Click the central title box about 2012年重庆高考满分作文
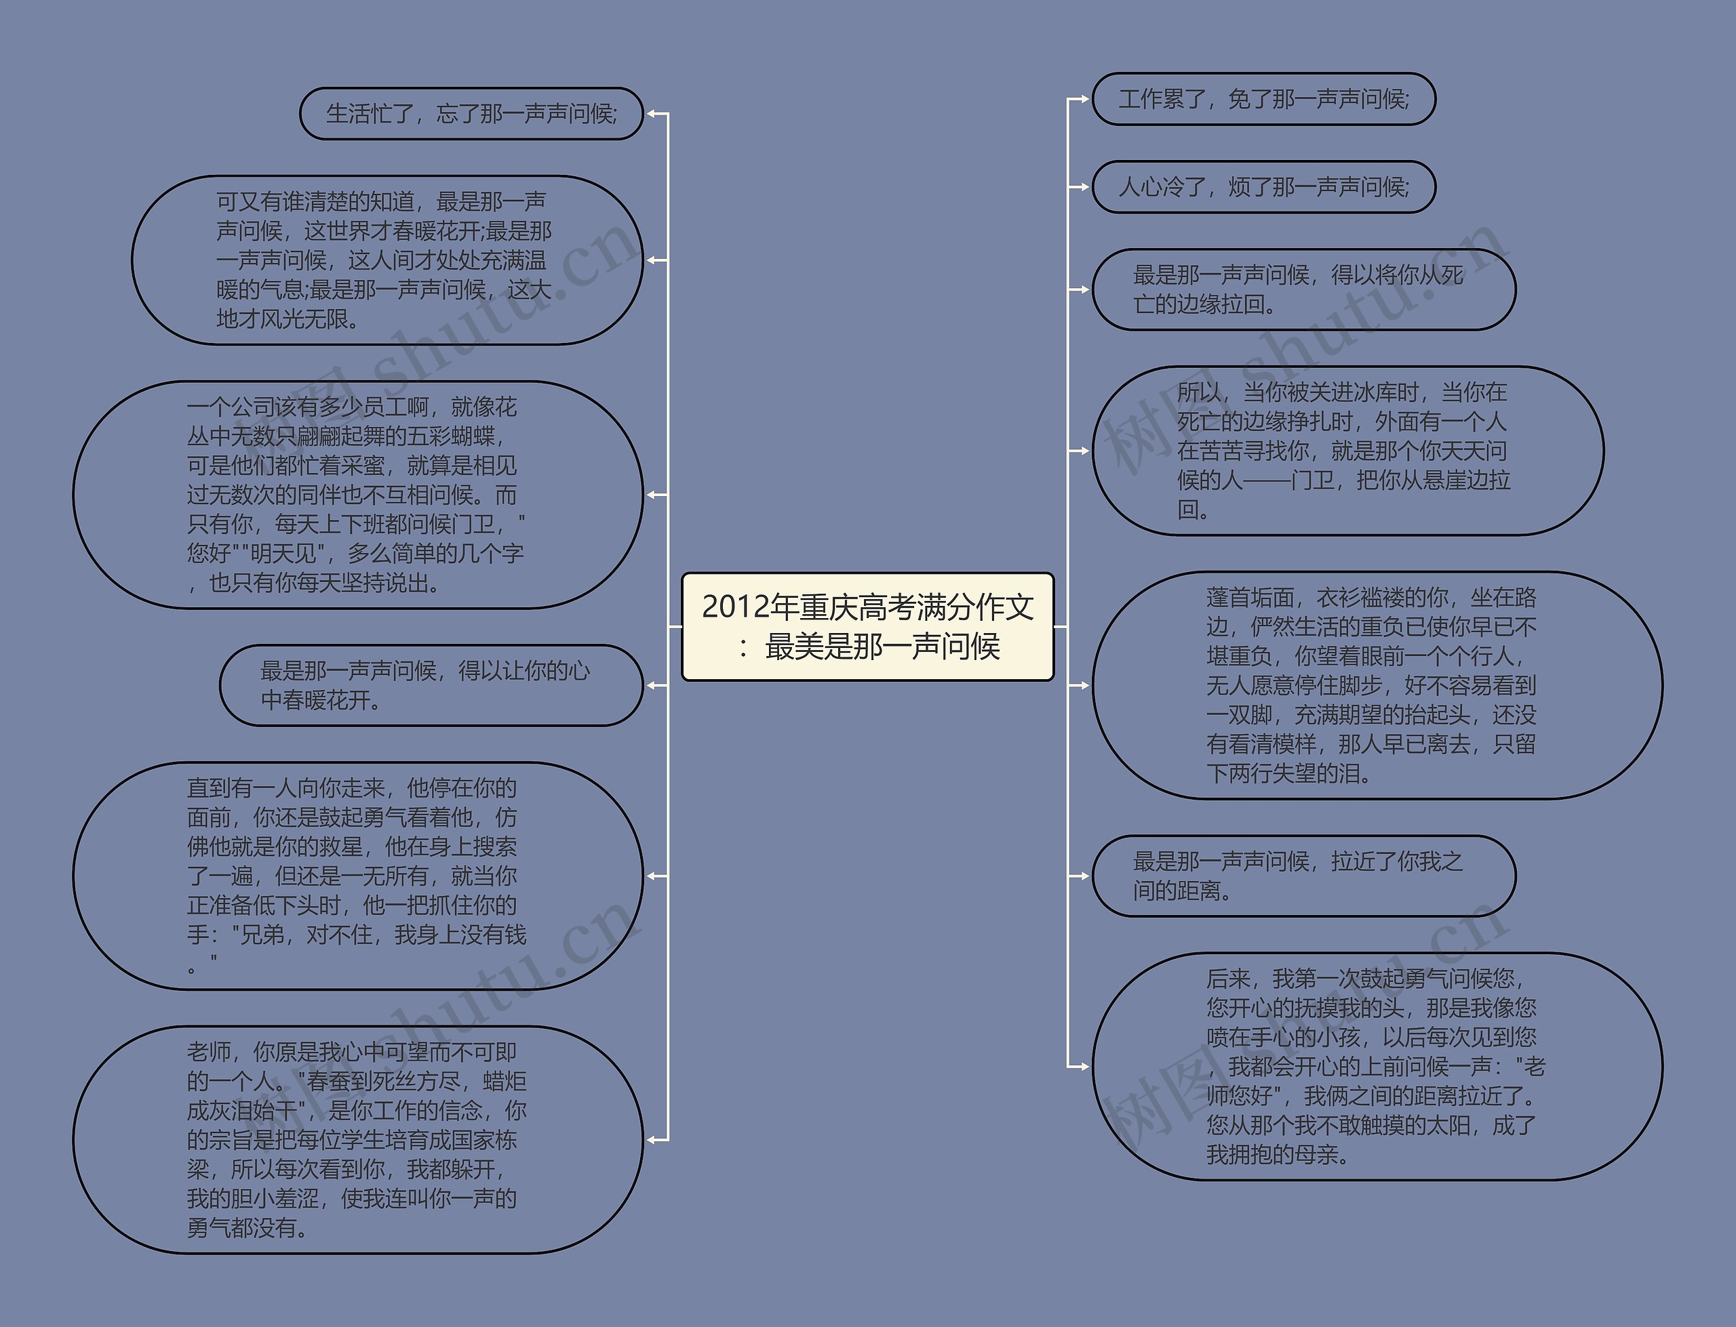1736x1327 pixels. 867,626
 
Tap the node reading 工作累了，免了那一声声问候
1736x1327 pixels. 1263,100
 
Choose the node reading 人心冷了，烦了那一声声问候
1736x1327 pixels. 1263,187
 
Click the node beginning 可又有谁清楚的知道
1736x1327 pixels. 387,260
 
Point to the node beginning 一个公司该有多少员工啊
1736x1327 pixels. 357,495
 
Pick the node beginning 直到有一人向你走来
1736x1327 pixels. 357,876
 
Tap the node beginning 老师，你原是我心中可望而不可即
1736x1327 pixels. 357,1140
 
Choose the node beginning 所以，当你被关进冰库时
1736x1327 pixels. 1347,450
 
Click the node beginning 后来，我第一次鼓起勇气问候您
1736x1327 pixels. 1377,1066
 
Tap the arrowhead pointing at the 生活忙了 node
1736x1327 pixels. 652,114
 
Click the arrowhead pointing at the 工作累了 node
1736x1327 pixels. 1084,100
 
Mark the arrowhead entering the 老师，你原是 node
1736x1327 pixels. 652,1140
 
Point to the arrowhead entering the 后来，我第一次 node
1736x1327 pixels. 1084,1066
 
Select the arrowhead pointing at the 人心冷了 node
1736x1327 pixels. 1084,187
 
